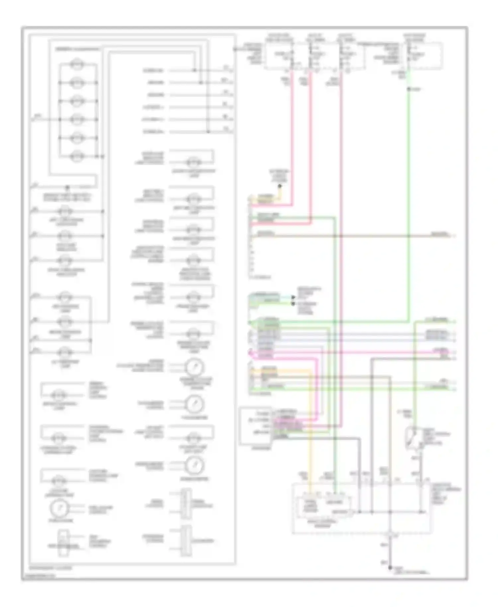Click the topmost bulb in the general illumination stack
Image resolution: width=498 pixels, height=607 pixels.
(x=77, y=64)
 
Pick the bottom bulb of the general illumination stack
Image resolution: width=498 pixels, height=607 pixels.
(x=77, y=156)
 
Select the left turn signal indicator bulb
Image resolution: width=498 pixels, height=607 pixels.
(x=65, y=211)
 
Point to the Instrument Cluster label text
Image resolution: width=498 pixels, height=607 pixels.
(x=50, y=568)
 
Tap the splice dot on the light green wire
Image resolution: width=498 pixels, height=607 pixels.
(x=409, y=89)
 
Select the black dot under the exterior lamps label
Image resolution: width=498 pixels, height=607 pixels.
(x=280, y=186)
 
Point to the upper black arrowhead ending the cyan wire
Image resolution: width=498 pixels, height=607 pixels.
(x=293, y=297)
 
